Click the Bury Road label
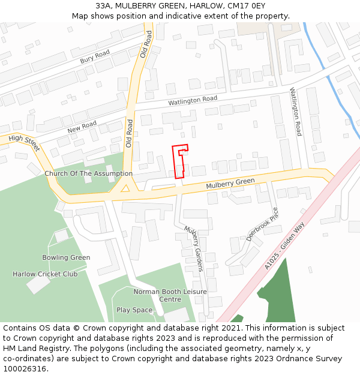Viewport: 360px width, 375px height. pos(95,57)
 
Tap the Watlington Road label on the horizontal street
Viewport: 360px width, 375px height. pos(192,101)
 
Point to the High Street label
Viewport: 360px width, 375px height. pos(24,142)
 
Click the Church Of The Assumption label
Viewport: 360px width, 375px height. pos(88,173)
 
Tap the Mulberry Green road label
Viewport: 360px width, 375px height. pos(230,184)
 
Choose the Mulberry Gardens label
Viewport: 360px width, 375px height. pos(194,248)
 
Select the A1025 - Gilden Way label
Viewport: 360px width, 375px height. pos(285,246)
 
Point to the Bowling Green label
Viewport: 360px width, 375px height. pos(66,257)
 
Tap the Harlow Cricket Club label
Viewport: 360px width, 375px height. pos(45,274)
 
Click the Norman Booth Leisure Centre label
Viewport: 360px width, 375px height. pos(170,295)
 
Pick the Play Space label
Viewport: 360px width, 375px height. pos(134,310)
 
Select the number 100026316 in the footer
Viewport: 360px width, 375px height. pos(25,369)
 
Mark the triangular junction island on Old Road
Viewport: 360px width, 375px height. pos(125,188)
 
